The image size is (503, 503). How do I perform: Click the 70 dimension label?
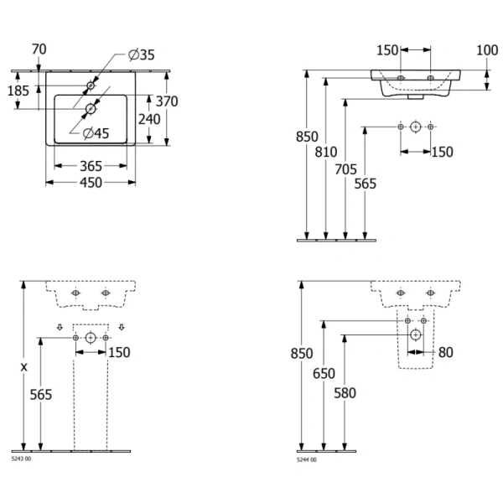(39, 49)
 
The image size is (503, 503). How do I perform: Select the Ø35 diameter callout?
(142, 55)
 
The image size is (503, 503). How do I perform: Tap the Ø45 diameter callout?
(95, 132)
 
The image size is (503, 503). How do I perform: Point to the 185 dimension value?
(18, 89)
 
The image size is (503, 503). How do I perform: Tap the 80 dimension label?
(445, 352)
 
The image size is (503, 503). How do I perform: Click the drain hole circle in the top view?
(91, 106)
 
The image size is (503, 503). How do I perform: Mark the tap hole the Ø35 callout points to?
(91, 86)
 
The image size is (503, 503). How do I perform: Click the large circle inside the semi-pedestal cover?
(415, 334)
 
